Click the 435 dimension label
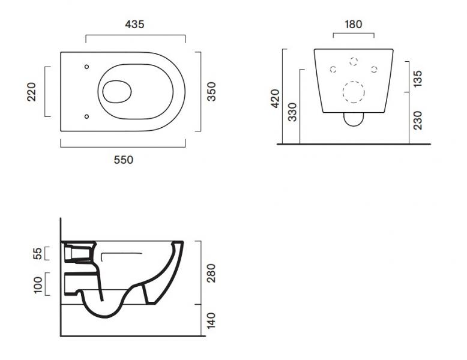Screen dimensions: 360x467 click(135, 25)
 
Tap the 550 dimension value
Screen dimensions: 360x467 click(124, 160)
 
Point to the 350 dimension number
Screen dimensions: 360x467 click(211, 92)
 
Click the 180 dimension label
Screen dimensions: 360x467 click(353, 25)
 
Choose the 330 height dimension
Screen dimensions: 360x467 click(292, 112)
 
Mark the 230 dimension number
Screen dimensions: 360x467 click(418, 119)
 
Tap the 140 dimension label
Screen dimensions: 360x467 click(211, 320)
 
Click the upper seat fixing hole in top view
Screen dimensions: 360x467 click(87, 66)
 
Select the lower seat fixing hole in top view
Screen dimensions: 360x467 click(87, 116)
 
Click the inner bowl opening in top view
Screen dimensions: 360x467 click(117, 91)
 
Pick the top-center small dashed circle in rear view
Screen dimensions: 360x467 click(353, 61)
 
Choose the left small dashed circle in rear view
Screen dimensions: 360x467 click(333, 70)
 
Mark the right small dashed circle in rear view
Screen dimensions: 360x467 click(373, 70)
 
